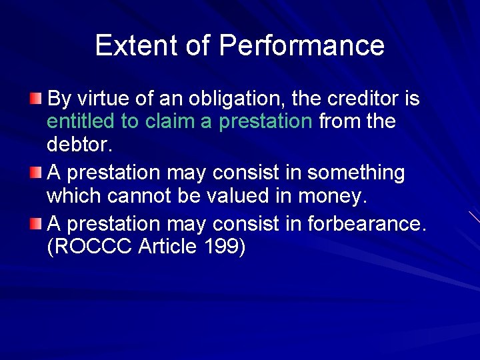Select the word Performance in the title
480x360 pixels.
(301, 45)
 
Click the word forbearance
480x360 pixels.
(365, 223)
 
